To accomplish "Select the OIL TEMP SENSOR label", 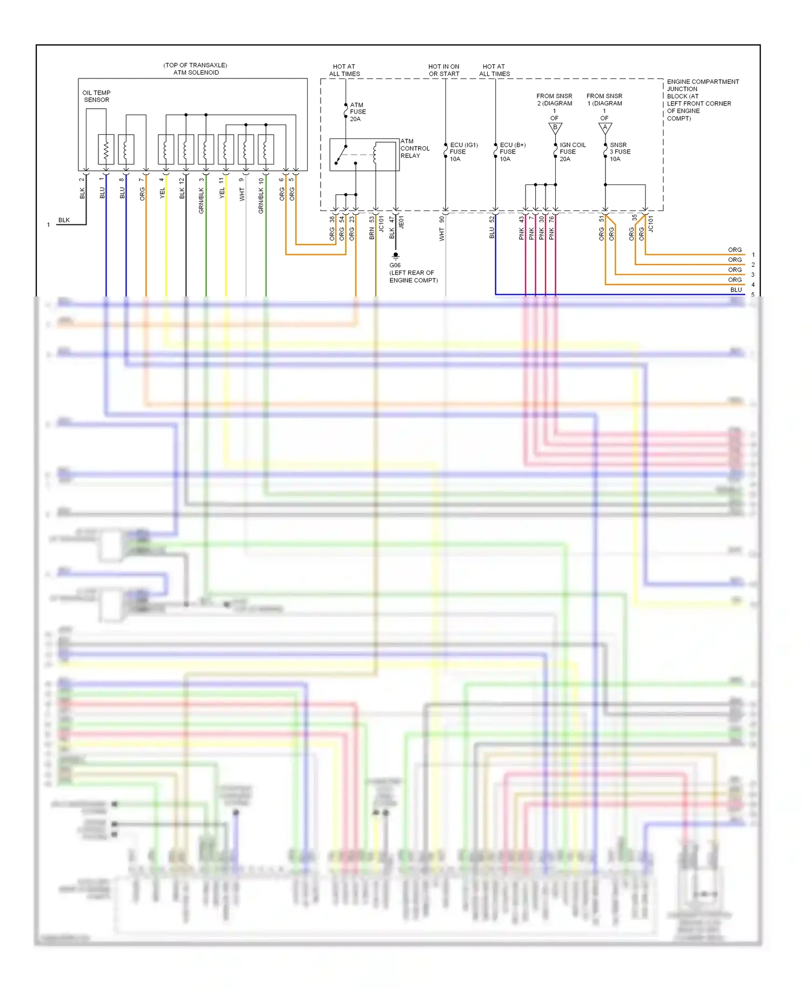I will [x=96, y=96].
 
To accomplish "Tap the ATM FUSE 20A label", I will [x=357, y=112].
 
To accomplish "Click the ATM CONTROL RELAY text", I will [x=415, y=148].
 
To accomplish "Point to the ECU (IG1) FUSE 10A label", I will [x=463, y=152].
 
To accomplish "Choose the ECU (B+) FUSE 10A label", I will [x=512, y=152].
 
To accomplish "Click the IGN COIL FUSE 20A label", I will [x=572, y=152].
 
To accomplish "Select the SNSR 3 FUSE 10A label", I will [x=620, y=152].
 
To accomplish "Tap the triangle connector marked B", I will [x=555, y=128].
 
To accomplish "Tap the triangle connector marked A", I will [x=605, y=128].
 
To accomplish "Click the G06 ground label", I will [x=413, y=273].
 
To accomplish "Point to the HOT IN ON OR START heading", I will [x=444, y=70].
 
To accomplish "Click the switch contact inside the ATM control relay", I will [x=341, y=154].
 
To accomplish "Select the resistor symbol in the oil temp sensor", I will [x=106, y=149].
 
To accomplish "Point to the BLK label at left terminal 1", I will [x=64, y=220].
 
